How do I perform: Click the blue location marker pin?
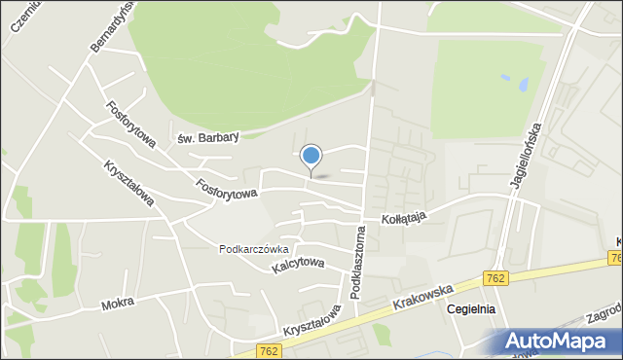pos(311,157)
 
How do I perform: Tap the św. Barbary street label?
pos(207,138)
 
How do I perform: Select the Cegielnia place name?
pos(470,309)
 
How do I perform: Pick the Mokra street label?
pos(117,305)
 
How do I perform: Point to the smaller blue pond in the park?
pos(524,86)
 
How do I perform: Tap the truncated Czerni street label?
pos(22,18)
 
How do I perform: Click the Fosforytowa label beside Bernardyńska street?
pos(131,126)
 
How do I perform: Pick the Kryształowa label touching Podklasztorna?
pos(312,319)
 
